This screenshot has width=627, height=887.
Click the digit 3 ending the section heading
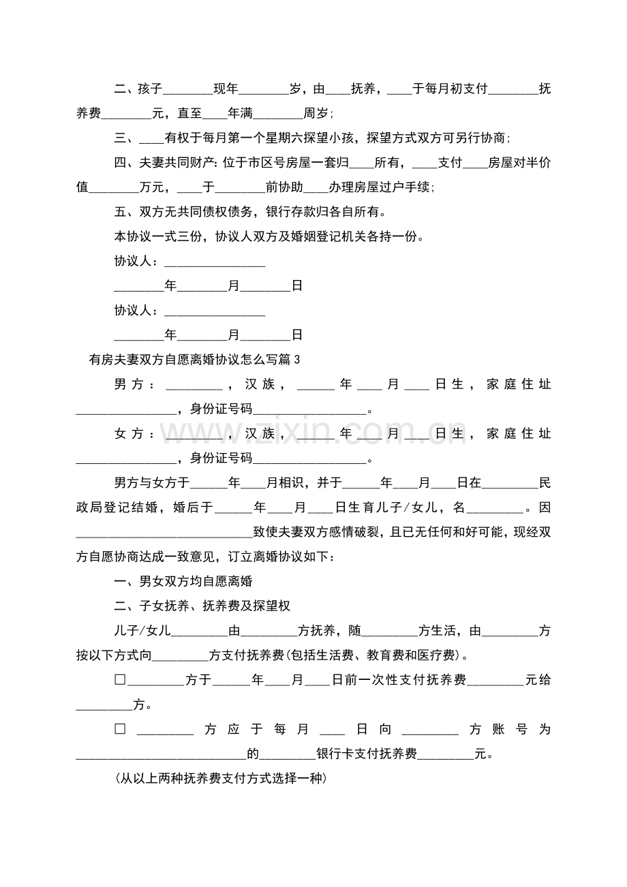coord(296,360)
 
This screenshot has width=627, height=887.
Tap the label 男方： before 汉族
coord(134,385)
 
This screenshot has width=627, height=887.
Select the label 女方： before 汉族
coord(134,434)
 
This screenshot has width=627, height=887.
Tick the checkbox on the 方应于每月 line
coord(121,730)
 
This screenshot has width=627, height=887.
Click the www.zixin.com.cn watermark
coord(313,433)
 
